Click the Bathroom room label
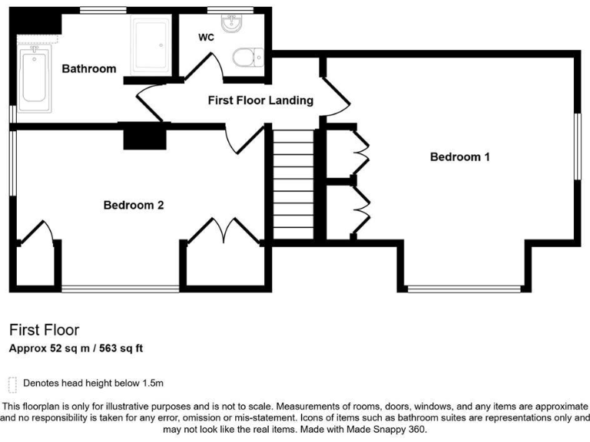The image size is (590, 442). point(89,69)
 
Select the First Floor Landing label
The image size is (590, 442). point(260,100)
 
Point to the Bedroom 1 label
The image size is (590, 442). point(459,157)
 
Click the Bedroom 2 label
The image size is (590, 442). point(134,205)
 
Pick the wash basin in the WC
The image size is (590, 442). point(230,25)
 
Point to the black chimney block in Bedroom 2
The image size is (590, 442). point(144,137)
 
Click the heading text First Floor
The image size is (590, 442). point(44,331)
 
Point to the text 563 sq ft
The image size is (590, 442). point(118,348)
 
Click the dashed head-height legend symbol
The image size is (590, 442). point(12,383)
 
